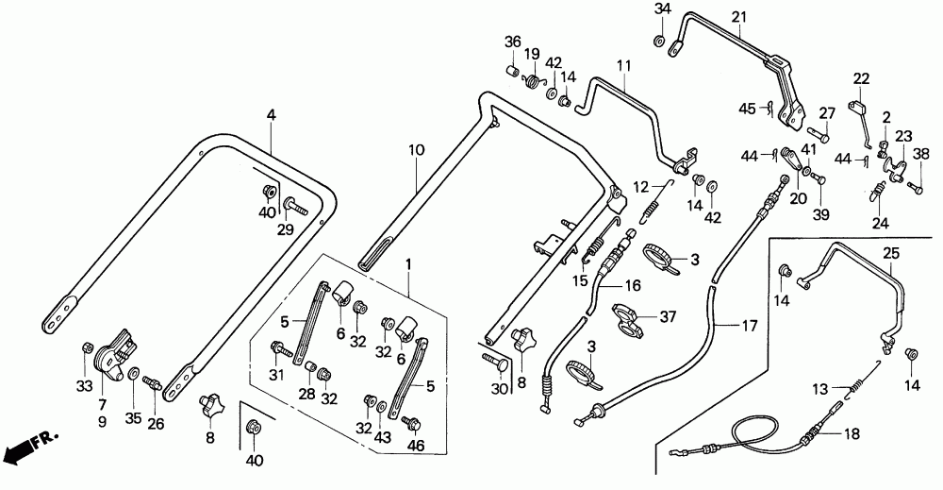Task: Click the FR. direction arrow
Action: coord(30,446)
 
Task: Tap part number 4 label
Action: coord(272,115)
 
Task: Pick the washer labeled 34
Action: coord(658,41)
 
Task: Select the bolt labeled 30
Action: coord(495,362)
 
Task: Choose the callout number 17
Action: coord(749,327)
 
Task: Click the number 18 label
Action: coord(852,433)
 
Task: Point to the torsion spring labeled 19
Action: coord(532,80)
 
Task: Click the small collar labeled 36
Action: coord(512,72)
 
